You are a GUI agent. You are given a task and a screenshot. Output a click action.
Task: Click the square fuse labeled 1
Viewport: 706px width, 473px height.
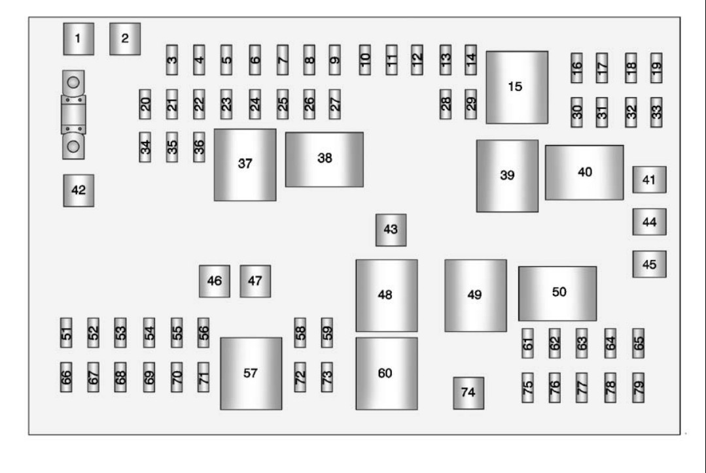(78, 39)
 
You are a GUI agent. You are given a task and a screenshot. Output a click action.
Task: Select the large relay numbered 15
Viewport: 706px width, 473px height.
(516, 87)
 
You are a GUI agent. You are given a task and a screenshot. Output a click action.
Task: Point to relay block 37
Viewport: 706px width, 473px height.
(245, 164)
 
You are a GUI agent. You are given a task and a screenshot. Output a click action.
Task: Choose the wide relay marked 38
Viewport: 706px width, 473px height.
(324, 159)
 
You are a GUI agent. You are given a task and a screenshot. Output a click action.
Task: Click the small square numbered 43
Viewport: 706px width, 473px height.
(391, 230)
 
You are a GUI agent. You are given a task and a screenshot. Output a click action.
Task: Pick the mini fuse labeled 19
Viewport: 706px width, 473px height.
(656, 67)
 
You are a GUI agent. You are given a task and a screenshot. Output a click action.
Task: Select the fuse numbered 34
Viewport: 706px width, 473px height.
(145, 147)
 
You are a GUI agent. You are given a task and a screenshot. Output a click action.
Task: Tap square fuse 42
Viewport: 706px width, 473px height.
(79, 190)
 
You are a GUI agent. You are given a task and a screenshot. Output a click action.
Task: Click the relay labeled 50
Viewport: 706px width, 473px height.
(557, 293)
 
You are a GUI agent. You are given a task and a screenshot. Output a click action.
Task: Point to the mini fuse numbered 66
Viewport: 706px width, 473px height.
(65, 377)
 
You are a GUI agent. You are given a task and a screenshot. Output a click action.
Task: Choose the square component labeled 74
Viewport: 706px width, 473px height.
(468, 393)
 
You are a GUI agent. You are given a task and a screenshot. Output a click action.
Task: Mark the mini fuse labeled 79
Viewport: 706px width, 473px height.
(639, 387)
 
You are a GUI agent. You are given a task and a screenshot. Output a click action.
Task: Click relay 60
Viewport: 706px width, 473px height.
(386, 373)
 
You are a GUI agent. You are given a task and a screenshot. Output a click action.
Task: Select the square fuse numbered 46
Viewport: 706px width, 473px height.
(214, 281)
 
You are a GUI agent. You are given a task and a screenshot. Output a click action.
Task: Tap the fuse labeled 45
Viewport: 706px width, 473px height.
(649, 264)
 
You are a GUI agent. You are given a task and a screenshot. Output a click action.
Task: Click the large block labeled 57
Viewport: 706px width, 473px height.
(251, 373)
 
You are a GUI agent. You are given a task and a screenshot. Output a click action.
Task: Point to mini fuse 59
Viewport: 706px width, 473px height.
(327, 333)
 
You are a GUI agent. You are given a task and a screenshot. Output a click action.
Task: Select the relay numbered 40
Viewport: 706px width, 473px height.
(584, 172)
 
